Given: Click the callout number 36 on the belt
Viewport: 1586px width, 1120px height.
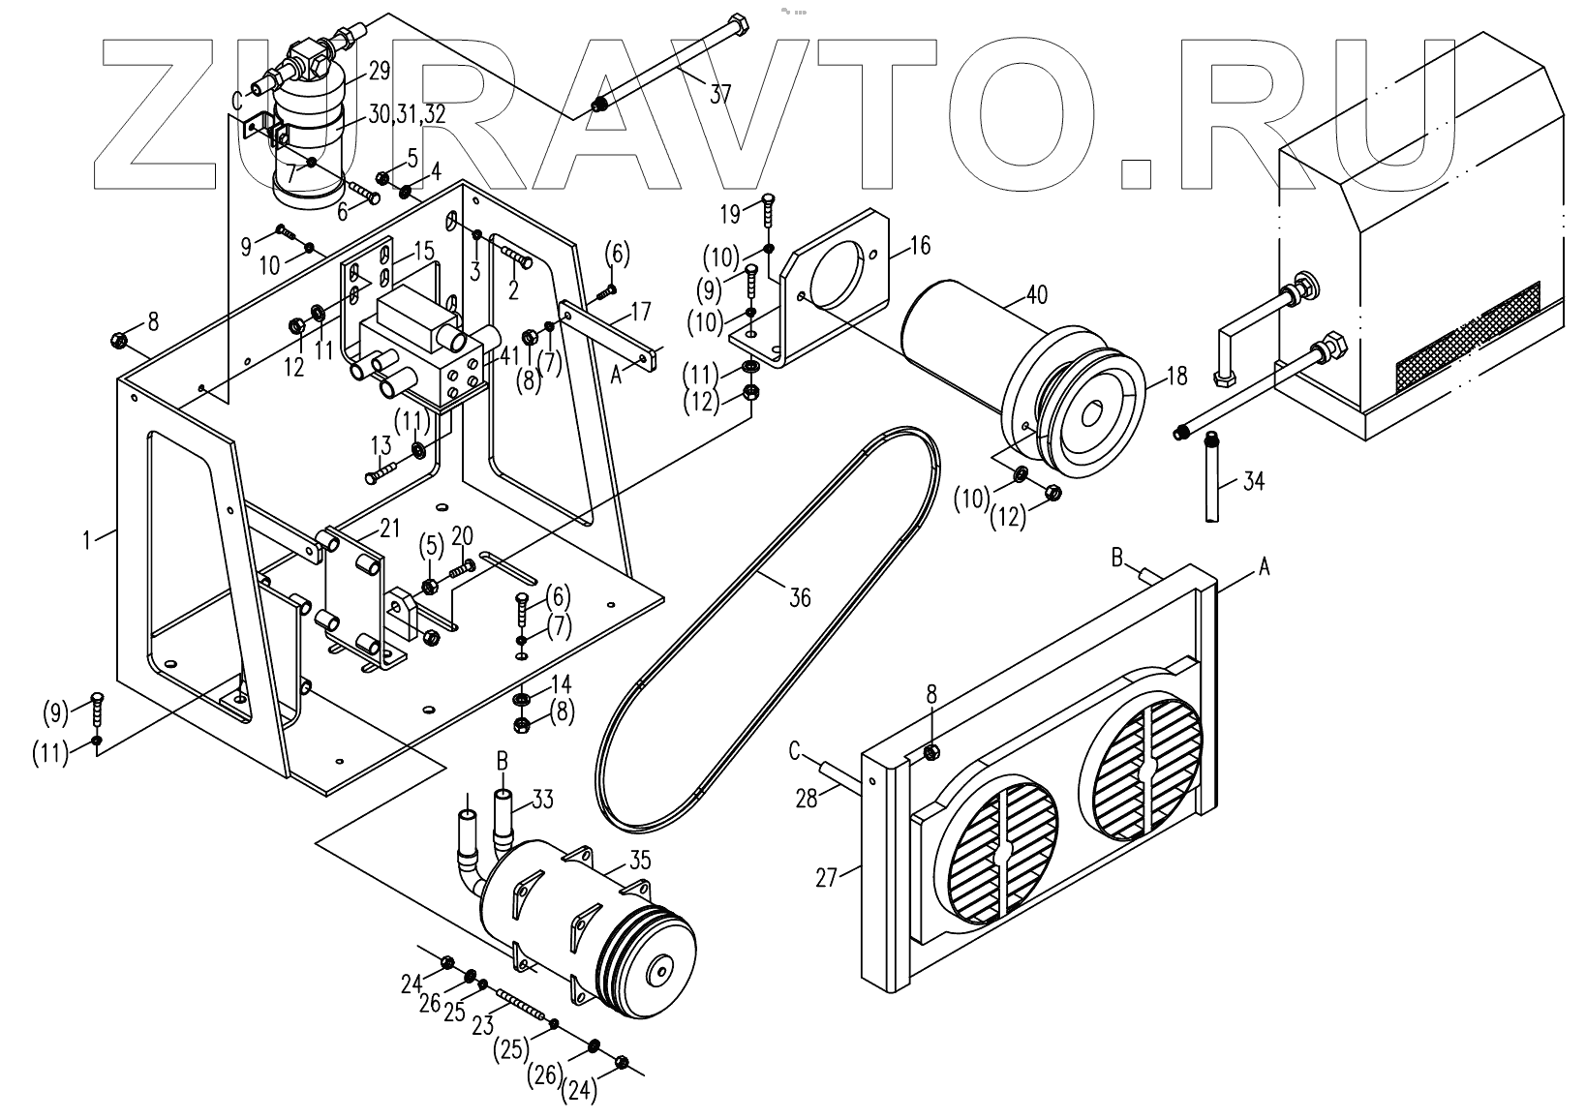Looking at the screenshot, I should click(x=799, y=598).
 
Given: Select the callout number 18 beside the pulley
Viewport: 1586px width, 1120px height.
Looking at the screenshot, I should click(x=1176, y=376).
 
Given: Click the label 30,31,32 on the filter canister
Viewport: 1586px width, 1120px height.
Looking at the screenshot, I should click(x=407, y=114).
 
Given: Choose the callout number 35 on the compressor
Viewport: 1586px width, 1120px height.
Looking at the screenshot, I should click(x=641, y=860).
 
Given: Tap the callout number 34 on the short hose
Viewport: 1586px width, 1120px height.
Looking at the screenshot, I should click(x=1253, y=481).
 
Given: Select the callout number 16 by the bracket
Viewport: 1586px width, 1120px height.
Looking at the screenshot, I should click(x=920, y=246).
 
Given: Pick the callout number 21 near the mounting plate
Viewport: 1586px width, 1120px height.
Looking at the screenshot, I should click(x=389, y=527).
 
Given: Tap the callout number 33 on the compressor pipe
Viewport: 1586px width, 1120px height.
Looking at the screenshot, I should click(x=543, y=799).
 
